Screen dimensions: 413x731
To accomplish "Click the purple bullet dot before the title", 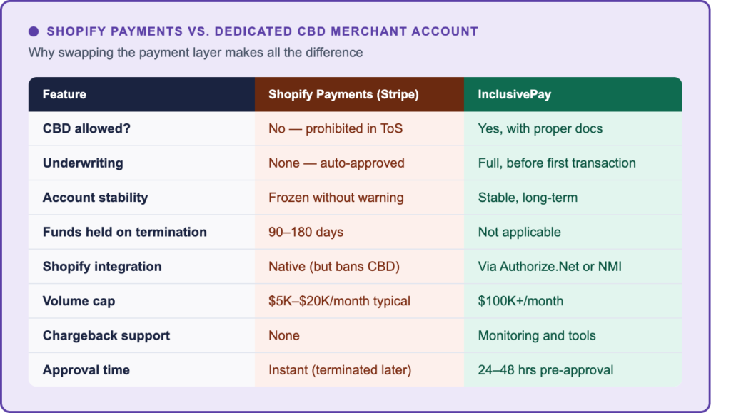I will [x=34, y=31].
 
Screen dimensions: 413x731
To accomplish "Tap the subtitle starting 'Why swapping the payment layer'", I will [x=195, y=53].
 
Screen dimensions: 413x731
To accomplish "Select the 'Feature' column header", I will [x=64, y=94].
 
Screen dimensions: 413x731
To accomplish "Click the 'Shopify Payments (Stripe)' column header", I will [x=343, y=94].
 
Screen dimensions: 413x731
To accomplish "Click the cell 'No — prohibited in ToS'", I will [x=336, y=128].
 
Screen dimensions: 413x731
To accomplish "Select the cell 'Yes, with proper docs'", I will [x=540, y=128].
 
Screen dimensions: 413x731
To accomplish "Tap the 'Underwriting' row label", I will [x=83, y=163].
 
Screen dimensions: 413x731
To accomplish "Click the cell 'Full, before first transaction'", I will [x=556, y=163].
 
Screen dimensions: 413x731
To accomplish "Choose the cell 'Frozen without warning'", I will [x=336, y=198].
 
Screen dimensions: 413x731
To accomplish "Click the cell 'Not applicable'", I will [x=519, y=232].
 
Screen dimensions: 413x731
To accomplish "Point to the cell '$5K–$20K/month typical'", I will [x=339, y=301].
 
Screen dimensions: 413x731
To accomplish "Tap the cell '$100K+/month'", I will [x=520, y=301].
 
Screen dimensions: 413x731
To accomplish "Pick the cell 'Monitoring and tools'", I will [x=536, y=335].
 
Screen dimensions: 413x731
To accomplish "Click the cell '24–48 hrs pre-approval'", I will [x=545, y=370].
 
